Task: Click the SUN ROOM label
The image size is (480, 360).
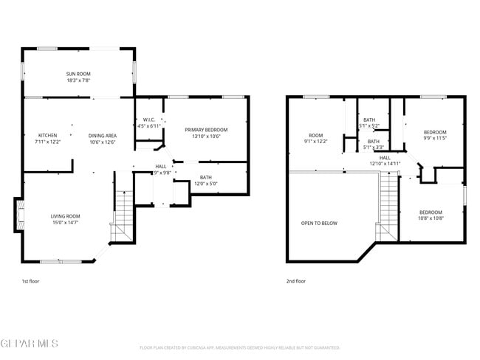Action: point(78,74)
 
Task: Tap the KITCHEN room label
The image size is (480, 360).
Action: point(48,136)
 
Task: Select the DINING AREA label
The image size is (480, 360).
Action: point(102,136)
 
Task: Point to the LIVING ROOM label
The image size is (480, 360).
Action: point(65,216)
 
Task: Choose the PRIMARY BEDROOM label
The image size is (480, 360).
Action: point(205,130)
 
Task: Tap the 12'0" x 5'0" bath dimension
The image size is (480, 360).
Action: point(205,183)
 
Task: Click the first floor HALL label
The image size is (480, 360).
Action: point(160,167)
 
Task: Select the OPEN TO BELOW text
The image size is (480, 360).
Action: point(319,223)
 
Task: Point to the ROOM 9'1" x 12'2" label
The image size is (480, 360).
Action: point(315,141)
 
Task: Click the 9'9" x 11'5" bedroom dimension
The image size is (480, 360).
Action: point(435,138)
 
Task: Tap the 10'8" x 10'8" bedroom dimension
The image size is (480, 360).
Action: point(431,218)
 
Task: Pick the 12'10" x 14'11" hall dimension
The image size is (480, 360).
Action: point(385,164)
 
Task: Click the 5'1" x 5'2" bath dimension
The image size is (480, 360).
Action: point(369,126)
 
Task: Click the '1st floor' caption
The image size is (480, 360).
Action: point(31,281)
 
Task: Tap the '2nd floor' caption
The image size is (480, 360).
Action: point(295,281)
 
